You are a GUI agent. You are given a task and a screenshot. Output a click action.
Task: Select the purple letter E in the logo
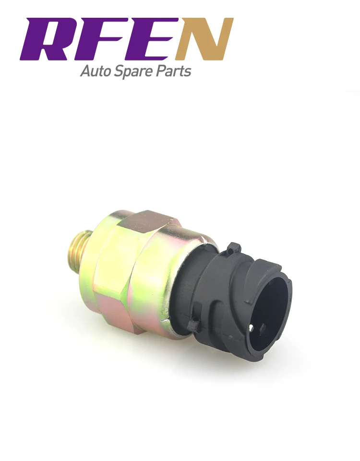[x=153, y=39]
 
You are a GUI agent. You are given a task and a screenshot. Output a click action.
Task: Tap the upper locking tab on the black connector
[x=234, y=248]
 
